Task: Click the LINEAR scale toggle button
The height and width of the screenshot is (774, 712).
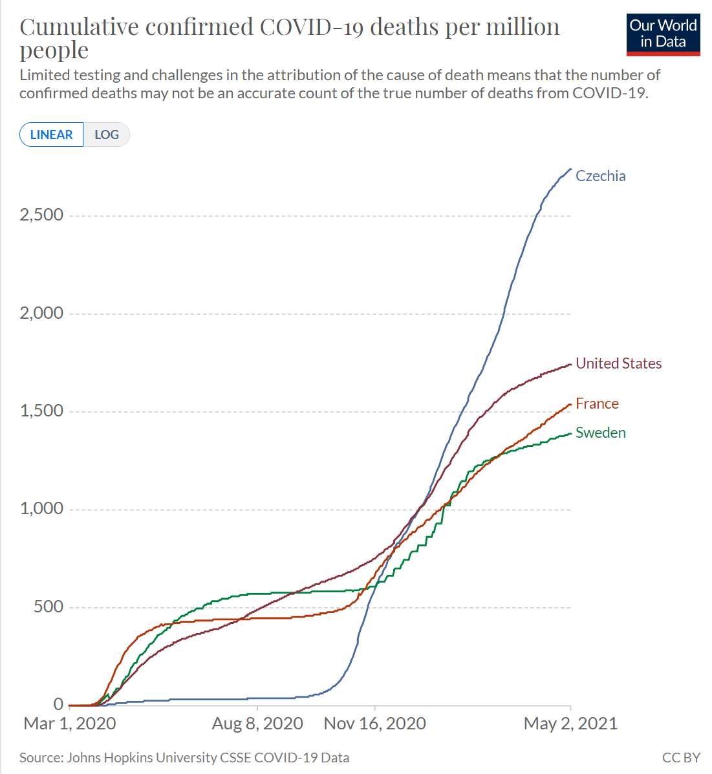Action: pyautogui.click(x=51, y=134)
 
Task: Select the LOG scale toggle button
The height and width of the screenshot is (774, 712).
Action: pyautogui.click(x=107, y=134)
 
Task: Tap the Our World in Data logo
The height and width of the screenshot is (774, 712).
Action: pyautogui.click(x=663, y=34)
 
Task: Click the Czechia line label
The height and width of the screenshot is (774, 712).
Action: pyautogui.click(x=600, y=177)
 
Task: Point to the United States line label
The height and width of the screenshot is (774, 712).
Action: pyautogui.click(x=619, y=363)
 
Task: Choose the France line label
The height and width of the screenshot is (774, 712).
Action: pyautogui.click(x=597, y=403)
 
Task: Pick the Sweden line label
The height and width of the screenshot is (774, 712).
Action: pyautogui.click(x=600, y=433)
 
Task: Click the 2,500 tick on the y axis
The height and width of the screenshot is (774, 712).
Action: pyautogui.click(x=41, y=215)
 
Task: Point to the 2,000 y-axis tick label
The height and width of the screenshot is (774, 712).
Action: pyautogui.click(x=41, y=313)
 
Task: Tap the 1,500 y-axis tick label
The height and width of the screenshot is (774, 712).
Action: pyautogui.click(x=41, y=411)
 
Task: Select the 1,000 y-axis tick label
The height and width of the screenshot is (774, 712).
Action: pyautogui.click(x=41, y=508)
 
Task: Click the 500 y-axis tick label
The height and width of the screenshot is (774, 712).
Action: pyautogui.click(x=49, y=606)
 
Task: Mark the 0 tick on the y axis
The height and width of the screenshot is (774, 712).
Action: pyautogui.click(x=58, y=704)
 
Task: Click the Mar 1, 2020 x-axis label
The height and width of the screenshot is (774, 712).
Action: pyautogui.click(x=70, y=724)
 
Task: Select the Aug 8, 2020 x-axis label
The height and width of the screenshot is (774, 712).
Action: pyautogui.click(x=257, y=724)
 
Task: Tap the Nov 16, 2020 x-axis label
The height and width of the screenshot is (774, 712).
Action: pyautogui.click(x=375, y=724)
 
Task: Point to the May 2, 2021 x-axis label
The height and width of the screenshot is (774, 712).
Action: pyautogui.click(x=570, y=724)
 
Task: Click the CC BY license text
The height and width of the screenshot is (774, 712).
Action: pyautogui.click(x=681, y=758)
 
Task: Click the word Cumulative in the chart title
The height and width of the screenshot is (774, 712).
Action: pyautogui.click(x=79, y=27)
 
